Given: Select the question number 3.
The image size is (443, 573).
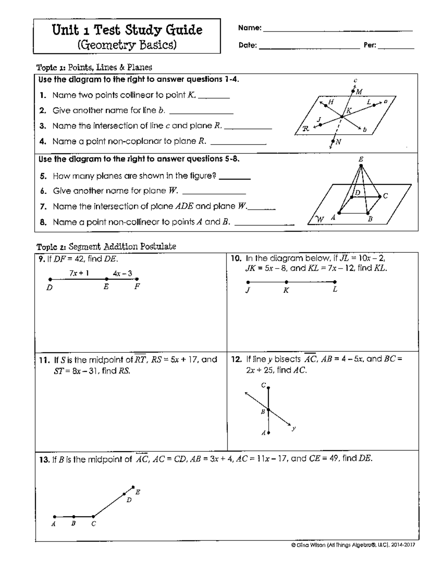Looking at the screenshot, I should pos(43,126).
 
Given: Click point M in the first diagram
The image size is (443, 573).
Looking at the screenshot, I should pos(353,91).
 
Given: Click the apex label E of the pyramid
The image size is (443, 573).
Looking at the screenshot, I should pos(361,159).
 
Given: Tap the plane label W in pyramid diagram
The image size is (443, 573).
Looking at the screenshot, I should pos(320,219).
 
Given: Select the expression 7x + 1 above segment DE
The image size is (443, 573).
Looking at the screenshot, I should pos(78,273).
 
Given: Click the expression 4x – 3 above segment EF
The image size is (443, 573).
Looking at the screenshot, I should pos(123,273).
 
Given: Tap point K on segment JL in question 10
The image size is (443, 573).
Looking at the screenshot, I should pos(286,282).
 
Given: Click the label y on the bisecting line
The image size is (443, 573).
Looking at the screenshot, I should pos(293,428).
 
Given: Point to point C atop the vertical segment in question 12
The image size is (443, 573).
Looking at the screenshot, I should pos(268,388).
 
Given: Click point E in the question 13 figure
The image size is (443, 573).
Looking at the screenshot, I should pos(133,487).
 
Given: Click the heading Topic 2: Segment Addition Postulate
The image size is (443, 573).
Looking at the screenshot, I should pos(106,246).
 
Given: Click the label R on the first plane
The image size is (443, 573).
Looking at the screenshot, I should pos(306,128).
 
